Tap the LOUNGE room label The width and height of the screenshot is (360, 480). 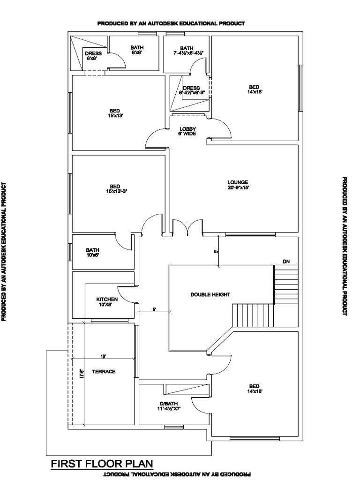238,182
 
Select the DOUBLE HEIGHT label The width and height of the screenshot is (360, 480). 210,294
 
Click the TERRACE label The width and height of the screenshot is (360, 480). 104,371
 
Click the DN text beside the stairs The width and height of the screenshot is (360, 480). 286,261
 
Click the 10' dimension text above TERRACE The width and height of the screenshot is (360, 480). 103,356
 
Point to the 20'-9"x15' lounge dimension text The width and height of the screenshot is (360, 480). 238,187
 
